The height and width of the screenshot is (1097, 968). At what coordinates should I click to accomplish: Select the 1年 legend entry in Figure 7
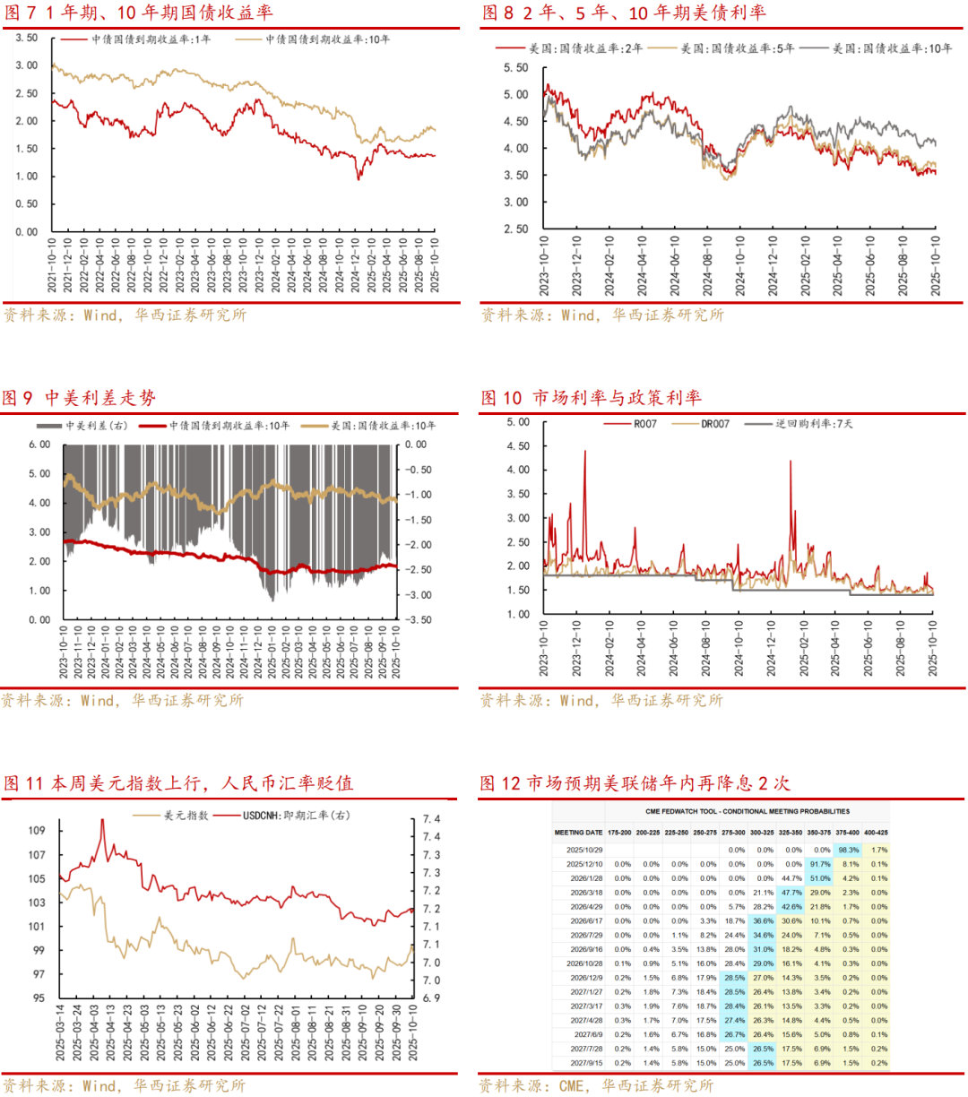(x=151, y=39)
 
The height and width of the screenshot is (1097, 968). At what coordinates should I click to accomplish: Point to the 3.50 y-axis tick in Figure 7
(x=27, y=38)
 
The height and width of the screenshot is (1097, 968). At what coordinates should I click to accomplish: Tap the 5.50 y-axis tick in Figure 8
(x=515, y=68)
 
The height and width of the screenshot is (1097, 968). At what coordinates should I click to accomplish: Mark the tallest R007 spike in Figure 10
(x=585, y=452)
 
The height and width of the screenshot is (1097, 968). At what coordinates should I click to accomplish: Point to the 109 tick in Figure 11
(x=36, y=831)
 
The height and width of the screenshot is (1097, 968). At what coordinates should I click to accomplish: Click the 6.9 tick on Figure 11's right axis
(x=431, y=998)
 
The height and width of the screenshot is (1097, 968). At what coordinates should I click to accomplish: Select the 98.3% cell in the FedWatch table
(x=847, y=850)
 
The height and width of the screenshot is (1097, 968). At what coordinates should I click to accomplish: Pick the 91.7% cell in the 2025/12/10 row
(x=819, y=864)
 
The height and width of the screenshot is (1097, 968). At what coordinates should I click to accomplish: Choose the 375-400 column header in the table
(x=847, y=833)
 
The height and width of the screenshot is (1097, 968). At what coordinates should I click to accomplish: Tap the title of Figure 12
(x=635, y=782)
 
